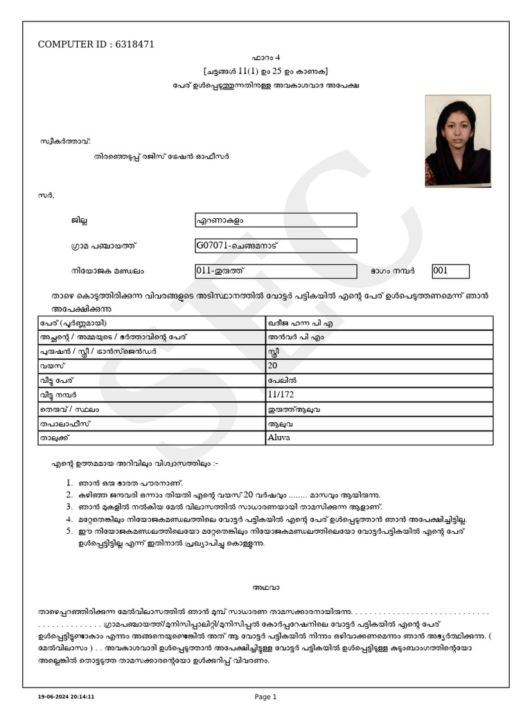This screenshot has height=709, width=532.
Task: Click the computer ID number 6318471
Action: pyautogui.click(x=132, y=44)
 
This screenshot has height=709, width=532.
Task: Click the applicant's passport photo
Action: pyautogui.click(x=457, y=141)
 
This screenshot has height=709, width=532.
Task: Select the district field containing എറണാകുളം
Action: pyautogui.click(x=276, y=220)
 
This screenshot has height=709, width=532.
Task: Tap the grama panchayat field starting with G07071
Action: pyautogui.click(x=276, y=246)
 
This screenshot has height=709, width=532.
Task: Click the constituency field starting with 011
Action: pyautogui.click(x=276, y=271)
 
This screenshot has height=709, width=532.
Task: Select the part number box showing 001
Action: pyautogui.click(x=450, y=271)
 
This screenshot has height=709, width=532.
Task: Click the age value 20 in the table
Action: pyautogui.click(x=272, y=366)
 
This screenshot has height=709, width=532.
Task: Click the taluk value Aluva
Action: pyautogui.click(x=279, y=438)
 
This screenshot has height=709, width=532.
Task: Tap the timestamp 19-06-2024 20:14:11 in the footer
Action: pyautogui.click(x=66, y=697)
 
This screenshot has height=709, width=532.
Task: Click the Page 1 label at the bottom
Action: pyautogui.click(x=265, y=697)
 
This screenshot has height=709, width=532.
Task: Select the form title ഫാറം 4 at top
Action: pyautogui.click(x=265, y=57)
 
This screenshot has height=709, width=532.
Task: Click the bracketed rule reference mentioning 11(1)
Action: pyautogui.click(x=265, y=71)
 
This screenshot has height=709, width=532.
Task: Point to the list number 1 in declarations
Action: pyautogui.click(x=69, y=483)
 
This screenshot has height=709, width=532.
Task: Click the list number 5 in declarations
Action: pyautogui.click(x=69, y=531)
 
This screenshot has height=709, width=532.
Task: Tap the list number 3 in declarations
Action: pyautogui.click(x=69, y=507)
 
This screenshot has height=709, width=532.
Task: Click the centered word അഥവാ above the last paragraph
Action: pyautogui.click(x=265, y=588)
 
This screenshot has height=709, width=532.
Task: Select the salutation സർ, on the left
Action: pyautogui.click(x=46, y=196)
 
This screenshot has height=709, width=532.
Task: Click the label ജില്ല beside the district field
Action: pyautogui.click(x=78, y=221)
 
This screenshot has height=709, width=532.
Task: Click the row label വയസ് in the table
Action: pyautogui.click(x=48, y=366)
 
